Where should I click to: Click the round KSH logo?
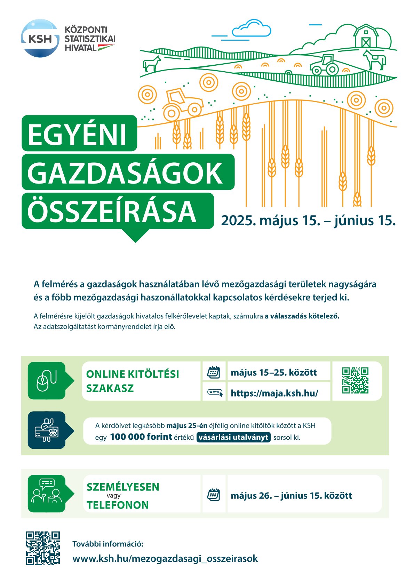click(40, 38)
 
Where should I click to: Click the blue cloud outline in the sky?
click(251, 29)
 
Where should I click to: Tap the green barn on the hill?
click(365, 36)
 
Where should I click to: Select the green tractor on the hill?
click(324, 65)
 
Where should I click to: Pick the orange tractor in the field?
click(183, 104)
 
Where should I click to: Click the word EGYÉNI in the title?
click(77, 134)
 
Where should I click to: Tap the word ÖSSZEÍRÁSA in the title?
click(112, 211)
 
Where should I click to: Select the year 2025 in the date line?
click(235, 220)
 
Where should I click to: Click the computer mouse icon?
click(47, 381)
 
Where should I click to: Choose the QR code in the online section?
click(355, 380)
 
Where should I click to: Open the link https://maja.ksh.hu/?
click(274, 393)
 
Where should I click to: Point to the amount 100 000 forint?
click(141, 437)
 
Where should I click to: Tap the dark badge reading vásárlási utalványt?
click(233, 437)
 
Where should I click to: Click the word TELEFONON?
click(118, 505)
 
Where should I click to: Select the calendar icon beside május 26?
click(214, 495)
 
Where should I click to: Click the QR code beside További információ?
click(43, 548)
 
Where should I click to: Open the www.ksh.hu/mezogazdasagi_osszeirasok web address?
click(165, 559)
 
